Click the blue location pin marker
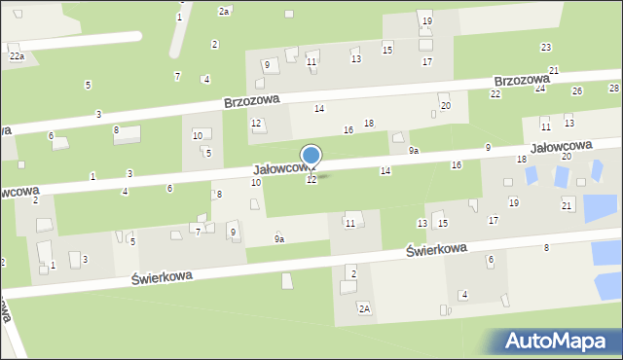[311, 157]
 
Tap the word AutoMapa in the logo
[569, 341]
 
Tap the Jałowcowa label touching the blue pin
[282, 168]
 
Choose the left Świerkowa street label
[162, 276]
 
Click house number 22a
[18, 57]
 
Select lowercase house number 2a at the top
[224, 11]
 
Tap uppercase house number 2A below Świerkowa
[364, 308]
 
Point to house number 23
[546, 47]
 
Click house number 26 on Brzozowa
[576, 90]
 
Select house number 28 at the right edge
[613, 88]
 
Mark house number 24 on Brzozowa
[540, 89]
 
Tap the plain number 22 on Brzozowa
[495, 93]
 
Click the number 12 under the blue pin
[311, 180]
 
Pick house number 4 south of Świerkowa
[464, 294]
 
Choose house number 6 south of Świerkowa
[491, 259]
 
